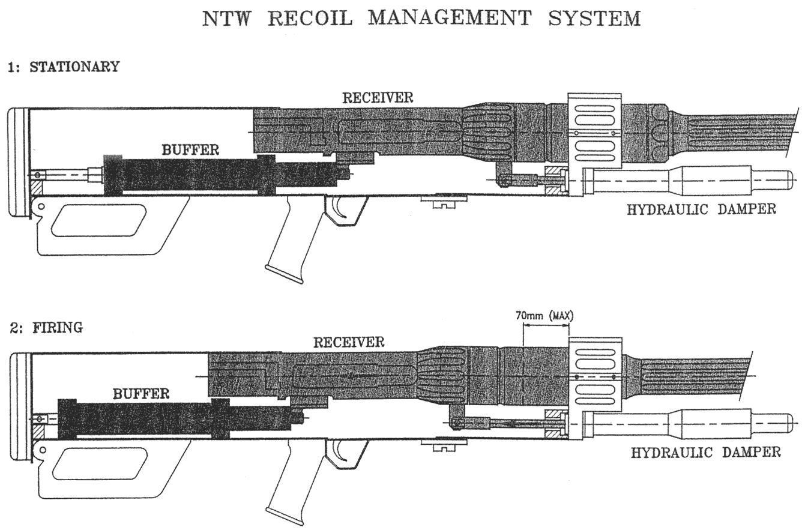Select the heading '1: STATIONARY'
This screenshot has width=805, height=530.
[63, 67]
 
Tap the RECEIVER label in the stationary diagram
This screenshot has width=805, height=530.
[378, 97]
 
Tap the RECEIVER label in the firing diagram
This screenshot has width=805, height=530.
[348, 342]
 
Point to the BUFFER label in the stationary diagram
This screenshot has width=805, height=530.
[190, 149]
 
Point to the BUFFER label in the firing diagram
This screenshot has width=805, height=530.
[141, 394]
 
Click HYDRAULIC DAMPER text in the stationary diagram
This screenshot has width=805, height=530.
[701, 209]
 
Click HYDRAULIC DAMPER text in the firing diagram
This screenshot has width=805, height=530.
[705, 452]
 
